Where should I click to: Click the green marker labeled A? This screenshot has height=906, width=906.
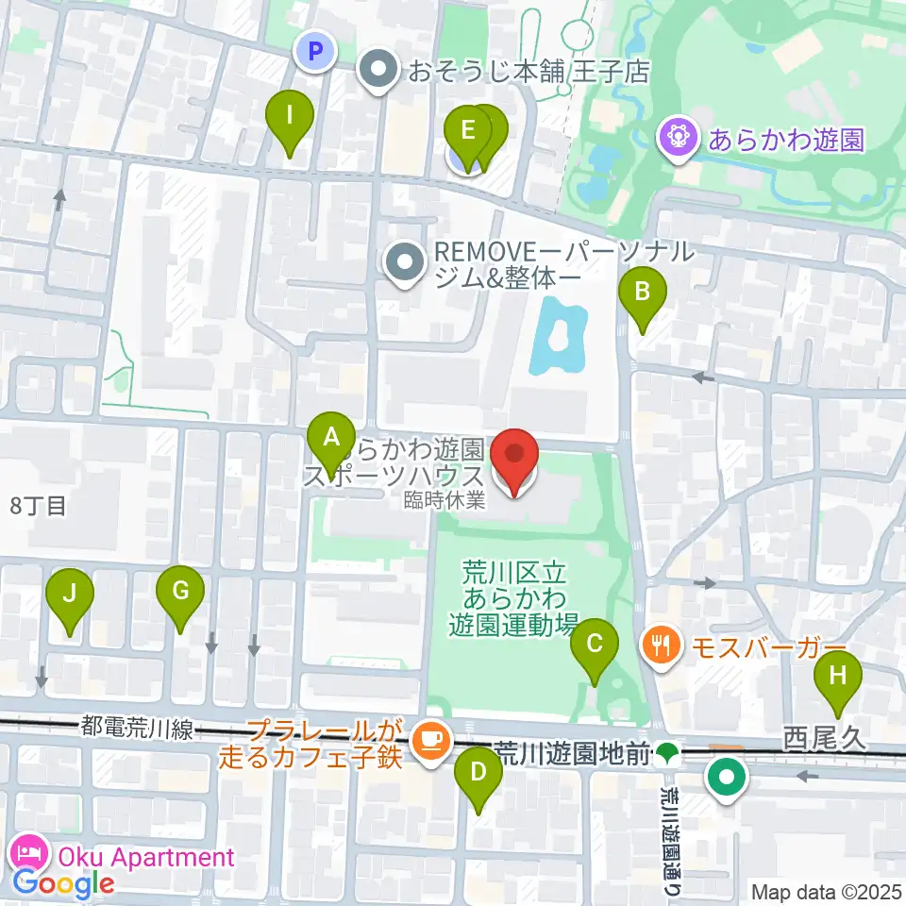(x=331, y=437)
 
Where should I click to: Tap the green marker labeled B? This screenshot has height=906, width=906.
(x=643, y=292)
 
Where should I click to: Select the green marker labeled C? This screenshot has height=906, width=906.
(x=595, y=645)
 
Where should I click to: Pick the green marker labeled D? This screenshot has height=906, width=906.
(x=478, y=772)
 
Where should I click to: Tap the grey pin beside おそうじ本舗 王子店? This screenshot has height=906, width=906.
(x=379, y=71)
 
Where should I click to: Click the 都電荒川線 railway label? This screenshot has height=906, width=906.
(x=137, y=728)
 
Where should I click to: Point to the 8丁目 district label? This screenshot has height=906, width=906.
(x=38, y=505)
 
